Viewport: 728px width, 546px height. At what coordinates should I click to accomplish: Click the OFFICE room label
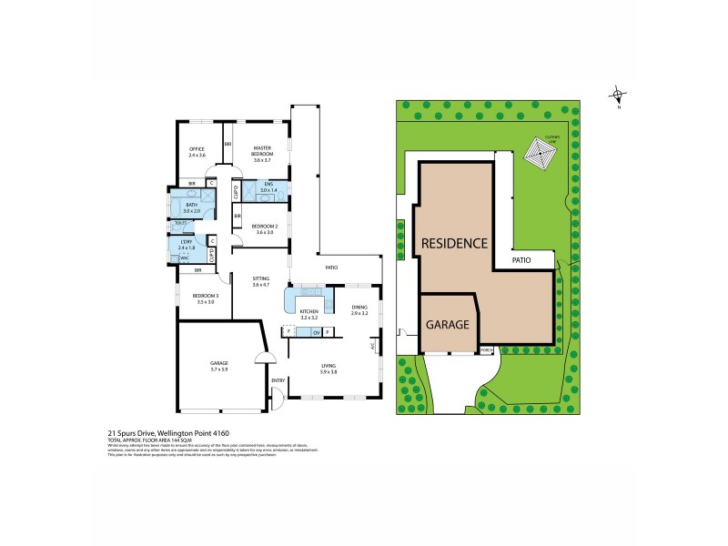197,148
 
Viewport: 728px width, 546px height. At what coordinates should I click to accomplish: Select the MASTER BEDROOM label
263,148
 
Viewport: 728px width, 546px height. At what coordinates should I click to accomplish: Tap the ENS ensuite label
268,185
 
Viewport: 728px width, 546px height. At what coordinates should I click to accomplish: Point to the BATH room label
191,206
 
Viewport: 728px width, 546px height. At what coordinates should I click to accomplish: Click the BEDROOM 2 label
265,226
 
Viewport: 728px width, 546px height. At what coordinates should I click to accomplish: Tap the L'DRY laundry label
186,240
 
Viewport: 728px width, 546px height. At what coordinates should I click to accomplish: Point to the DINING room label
359,308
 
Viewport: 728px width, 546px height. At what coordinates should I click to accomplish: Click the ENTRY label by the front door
278,379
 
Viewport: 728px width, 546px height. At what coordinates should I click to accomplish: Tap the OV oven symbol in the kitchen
316,332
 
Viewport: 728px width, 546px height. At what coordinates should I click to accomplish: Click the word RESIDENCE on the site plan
454,243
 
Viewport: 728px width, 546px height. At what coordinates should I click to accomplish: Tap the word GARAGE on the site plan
447,323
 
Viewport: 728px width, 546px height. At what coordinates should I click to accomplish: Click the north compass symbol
618,95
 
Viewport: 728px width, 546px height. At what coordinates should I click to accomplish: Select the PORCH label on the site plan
486,349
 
